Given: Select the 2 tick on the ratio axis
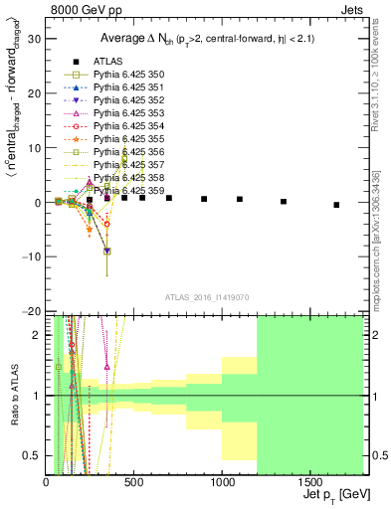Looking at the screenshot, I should [38, 335].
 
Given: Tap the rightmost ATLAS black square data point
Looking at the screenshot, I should [336, 205].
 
